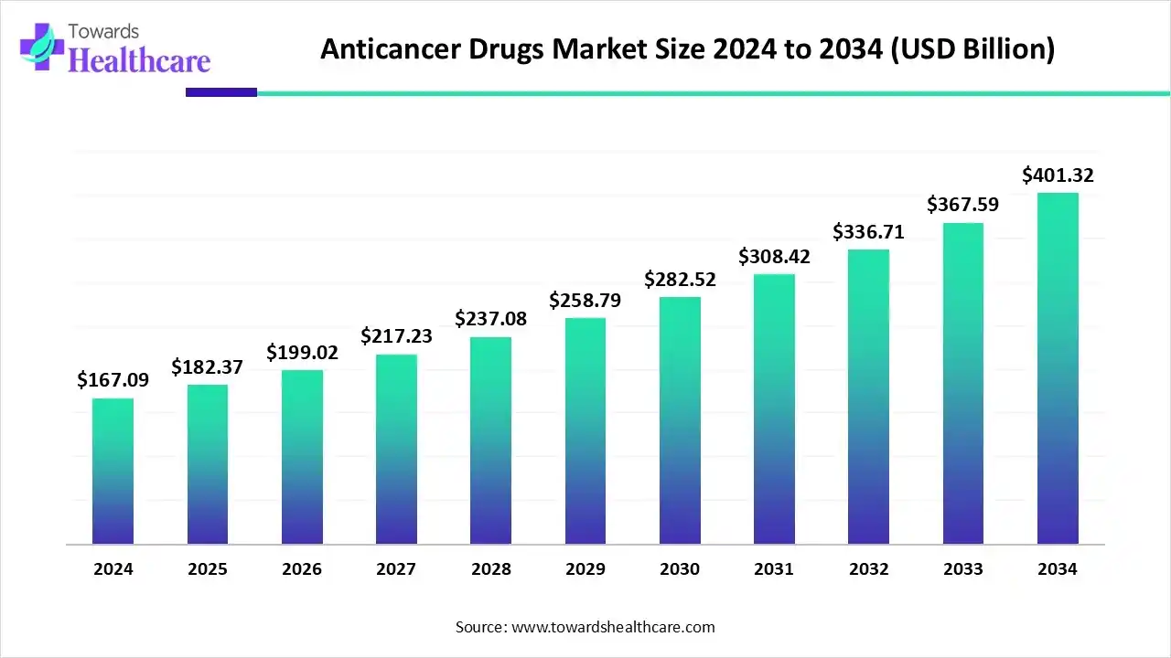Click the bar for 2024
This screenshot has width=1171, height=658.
tap(113, 472)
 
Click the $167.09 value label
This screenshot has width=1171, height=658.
tap(113, 378)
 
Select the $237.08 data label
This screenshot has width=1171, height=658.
tap(490, 318)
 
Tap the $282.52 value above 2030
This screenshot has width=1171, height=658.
tap(680, 279)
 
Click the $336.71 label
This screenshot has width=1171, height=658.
tap(868, 231)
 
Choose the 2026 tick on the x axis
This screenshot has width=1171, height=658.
tap(302, 569)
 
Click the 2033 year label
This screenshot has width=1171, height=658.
tap(962, 569)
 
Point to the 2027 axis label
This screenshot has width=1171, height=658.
tap(396, 569)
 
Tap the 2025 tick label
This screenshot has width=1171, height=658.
tap(208, 569)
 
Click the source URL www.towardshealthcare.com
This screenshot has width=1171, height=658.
tap(612, 627)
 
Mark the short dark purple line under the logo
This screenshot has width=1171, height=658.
tap(221, 91)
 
